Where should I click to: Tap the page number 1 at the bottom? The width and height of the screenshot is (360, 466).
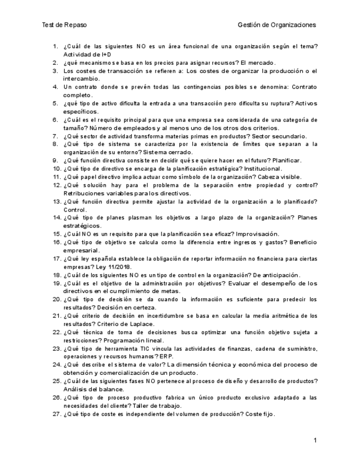click(x=315, y=440)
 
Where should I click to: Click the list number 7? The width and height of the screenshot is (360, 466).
click(x=56, y=136)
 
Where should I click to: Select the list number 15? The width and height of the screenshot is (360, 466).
click(x=57, y=234)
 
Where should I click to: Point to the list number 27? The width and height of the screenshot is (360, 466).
click(x=57, y=414)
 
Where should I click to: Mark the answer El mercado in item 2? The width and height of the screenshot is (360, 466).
click(x=258, y=63)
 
